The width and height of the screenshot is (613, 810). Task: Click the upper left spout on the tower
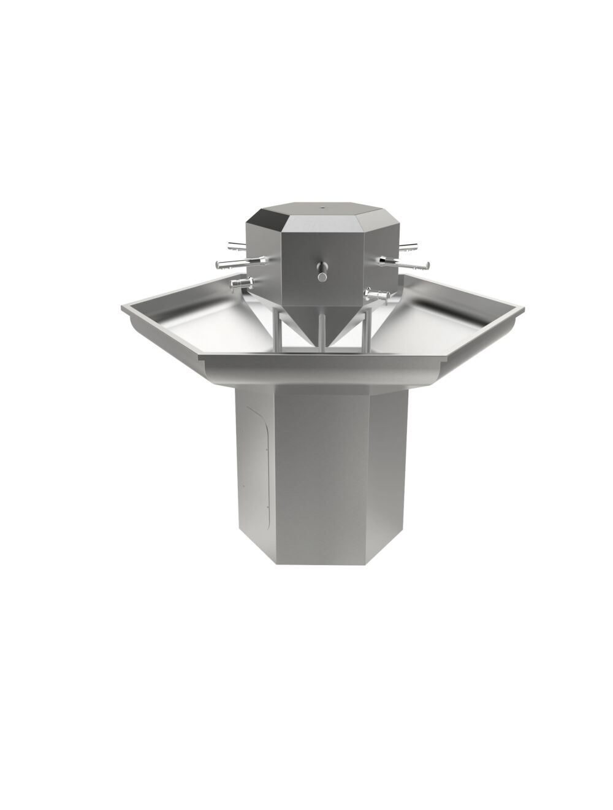(x=236, y=246)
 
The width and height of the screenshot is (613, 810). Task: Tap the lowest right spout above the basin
(x=378, y=295)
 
